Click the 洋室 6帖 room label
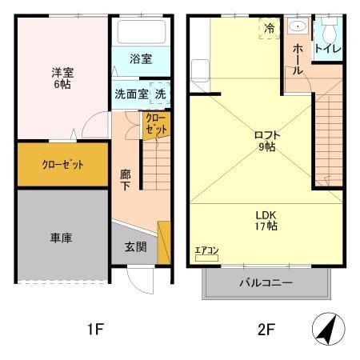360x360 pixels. [x=62, y=78]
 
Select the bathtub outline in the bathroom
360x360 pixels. [x=141, y=33]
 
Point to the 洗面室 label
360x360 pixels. [x=130, y=94]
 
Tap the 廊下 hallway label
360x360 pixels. [x=125, y=178]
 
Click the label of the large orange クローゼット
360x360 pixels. [x=62, y=166]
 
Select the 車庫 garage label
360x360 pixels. [x=62, y=238]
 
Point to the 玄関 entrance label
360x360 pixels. [x=135, y=247]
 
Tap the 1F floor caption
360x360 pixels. [x=94, y=328]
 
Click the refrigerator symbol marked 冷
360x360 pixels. [x=270, y=27]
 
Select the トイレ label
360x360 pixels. [x=327, y=49]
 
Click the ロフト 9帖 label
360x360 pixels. [x=266, y=141]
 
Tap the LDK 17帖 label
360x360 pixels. [x=266, y=220]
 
